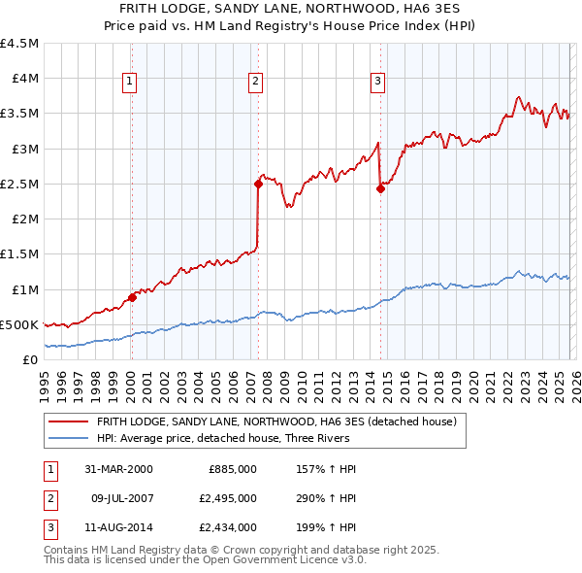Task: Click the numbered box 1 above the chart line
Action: tap(130, 83)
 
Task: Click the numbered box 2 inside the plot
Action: tap(255, 83)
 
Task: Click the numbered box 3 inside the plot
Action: tap(377, 83)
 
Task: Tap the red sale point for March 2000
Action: tap(133, 297)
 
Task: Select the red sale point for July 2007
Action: tap(258, 184)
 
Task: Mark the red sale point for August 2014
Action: tap(380, 188)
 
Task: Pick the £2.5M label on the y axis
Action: tap(20, 184)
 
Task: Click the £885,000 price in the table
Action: tap(233, 469)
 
